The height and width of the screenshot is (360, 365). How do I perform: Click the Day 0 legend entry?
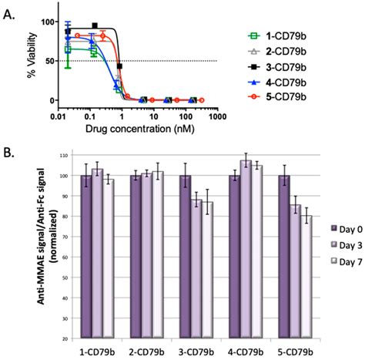tap(343, 228)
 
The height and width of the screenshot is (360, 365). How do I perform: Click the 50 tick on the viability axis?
tap(49, 61)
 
